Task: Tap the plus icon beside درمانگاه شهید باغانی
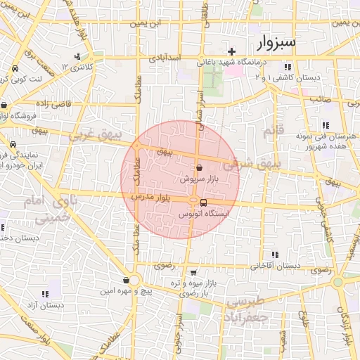(x=231, y=51)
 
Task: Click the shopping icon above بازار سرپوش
(x=200, y=169)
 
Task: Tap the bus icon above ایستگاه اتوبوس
(x=203, y=202)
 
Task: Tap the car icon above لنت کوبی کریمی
(x=15, y=70)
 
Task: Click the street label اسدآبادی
(x=165, y=58)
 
